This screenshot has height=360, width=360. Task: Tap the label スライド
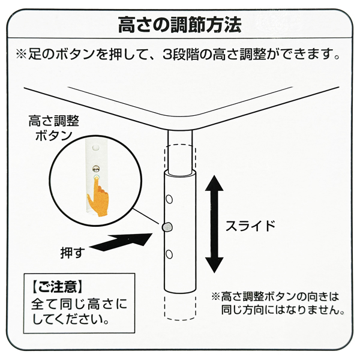tap(250, 226)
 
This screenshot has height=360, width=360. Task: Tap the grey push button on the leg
tap(168, 226)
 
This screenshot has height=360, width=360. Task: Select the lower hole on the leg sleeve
tap(170, 254)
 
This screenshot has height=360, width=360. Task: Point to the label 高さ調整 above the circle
tap(53, 121)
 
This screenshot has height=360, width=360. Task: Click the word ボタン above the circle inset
tap(53, 137)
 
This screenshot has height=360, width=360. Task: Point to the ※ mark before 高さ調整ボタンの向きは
tap(215, 296)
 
